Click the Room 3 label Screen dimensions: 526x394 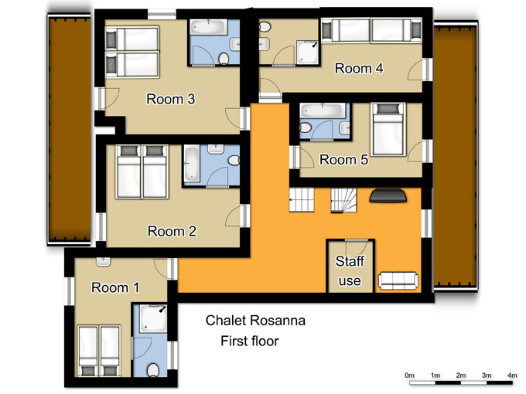point(171,99)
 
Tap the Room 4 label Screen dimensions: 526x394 point(359,68)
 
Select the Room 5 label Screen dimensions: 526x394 point(343,160)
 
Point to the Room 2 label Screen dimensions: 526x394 point(172,231)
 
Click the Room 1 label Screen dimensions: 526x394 point(115,287)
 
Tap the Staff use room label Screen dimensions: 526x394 point(350,270)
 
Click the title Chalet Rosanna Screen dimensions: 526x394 point(255,321)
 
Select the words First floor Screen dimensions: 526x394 point(250,341)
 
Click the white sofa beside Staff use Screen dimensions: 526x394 point(398,280)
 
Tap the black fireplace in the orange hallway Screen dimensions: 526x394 point(388,196)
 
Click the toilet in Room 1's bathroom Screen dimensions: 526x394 point(153,370)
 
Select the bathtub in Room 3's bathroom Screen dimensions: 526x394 point(209,27)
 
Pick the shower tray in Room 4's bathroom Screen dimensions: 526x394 point(307,53)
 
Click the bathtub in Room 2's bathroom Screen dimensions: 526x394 point(192,164)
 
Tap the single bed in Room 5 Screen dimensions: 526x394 point(388,130)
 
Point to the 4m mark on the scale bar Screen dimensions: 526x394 point(512,375)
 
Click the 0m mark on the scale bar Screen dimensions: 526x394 point(410,375)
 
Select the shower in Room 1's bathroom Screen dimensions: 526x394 point(153,318)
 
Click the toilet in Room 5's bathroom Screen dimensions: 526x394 point(305,127)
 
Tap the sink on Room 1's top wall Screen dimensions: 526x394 point(104,262)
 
